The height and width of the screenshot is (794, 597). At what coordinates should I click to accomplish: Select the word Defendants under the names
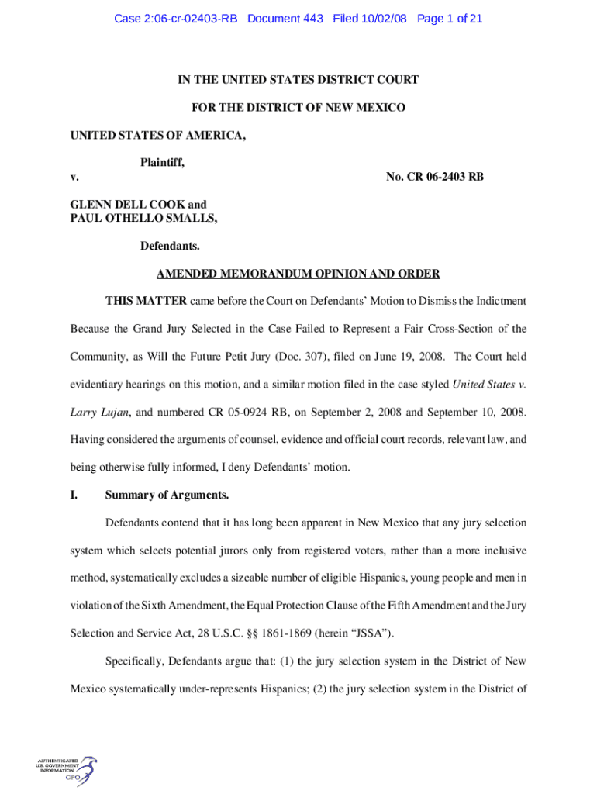pos(170,247)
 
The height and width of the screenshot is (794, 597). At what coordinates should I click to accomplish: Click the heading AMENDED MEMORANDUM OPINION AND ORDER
pos(298,274)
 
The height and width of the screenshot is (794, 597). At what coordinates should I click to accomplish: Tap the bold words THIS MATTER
pos(146,301)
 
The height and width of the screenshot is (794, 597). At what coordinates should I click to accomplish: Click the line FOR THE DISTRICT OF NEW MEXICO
pos(298,108)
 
